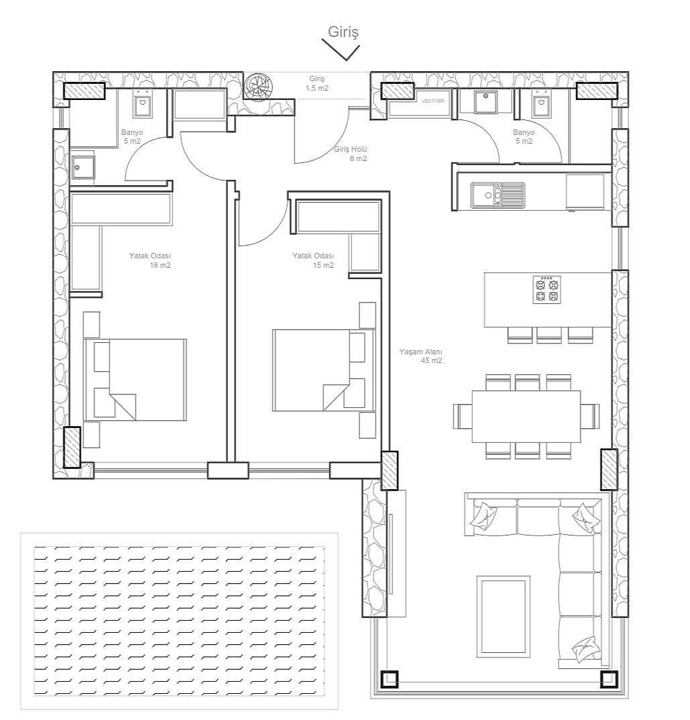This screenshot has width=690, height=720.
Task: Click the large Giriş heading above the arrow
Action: click(343, 32)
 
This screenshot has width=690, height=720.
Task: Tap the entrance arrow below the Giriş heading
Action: click(341, 50)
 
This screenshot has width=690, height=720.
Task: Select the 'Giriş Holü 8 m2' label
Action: click(351, 154)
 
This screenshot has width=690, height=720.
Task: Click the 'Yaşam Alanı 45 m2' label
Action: click(420, 356)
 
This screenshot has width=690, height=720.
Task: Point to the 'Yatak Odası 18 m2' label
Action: click(150, 260)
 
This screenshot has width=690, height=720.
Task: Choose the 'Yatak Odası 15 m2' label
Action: click(313, 260)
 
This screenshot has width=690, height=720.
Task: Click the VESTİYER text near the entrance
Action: click(433, 101)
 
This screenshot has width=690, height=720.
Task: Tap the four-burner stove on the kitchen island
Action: click(547, 289)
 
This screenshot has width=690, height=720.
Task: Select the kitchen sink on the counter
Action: click(498, 195)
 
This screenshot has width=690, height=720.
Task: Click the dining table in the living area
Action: click(526, 416)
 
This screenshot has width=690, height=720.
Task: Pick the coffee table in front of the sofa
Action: click(504, 616)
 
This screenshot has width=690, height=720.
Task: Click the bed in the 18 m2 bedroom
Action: click(135, 380)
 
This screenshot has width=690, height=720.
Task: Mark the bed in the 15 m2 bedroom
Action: click(324, 370)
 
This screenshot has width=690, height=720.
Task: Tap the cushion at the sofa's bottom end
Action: click(586, 649)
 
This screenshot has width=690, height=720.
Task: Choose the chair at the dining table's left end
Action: click(463, 416)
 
